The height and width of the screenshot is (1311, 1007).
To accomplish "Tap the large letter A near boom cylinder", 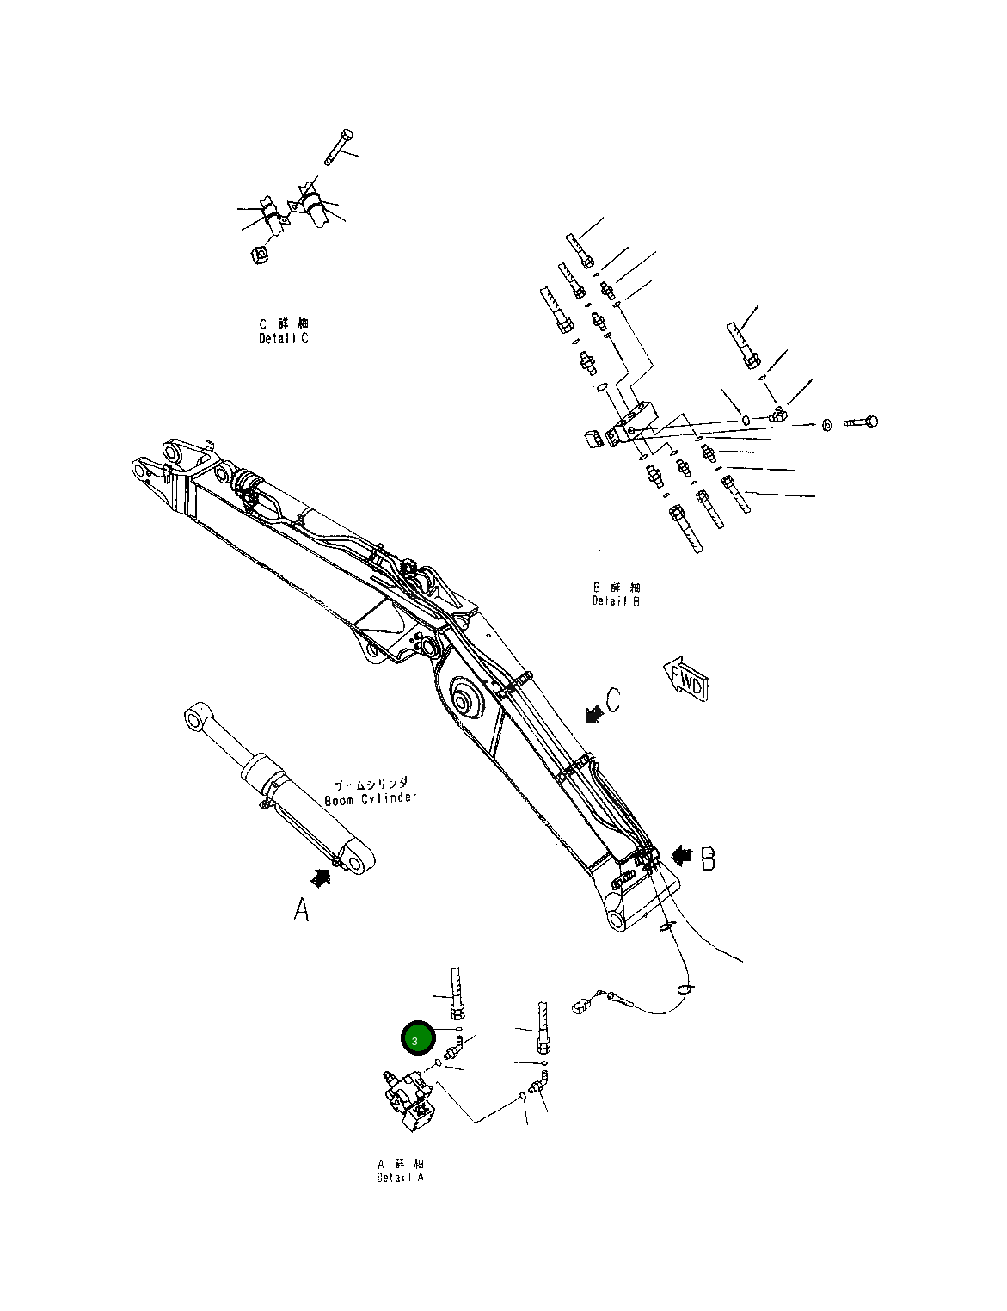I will (x=301, y=909).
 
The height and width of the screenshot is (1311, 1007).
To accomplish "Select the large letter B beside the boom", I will (x=707, y=858).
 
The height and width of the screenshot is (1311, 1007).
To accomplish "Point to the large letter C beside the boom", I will (x=612, y=701).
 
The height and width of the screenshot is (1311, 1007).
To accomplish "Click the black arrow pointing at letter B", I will (x=682, y=855).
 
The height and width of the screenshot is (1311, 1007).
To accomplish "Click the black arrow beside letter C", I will (x=593, y=712).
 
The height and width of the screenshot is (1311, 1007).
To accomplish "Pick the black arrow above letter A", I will (x=321, y=877).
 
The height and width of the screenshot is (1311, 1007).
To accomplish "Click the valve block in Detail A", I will (x=410, y=1102).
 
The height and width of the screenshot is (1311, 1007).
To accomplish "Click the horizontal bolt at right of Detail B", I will (x=861, y=422).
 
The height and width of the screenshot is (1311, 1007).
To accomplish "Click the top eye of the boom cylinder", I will (x=195, y=717).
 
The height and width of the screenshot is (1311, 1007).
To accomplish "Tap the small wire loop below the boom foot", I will (x=685, y=989).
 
